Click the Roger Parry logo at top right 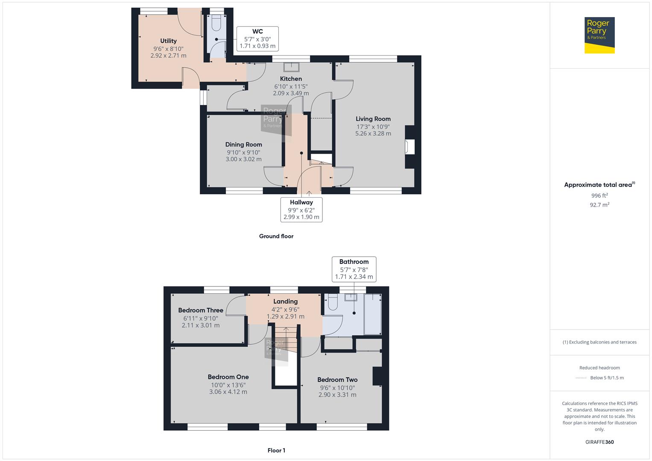tap(599, 35)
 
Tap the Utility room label tap(168, 41)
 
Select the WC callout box tap(257, 39)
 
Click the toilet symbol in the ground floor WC tap(216, 23)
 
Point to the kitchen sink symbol tap(292, 67)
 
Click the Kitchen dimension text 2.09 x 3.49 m tap(291, 93)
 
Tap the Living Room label tap(373, 119)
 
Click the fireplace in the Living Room tap(409, 147)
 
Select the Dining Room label tap(243, 145)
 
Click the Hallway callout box tap(301, 210)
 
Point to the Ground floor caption tap(276, 236)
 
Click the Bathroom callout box tap(354, 269)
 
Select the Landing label tap(285, 301)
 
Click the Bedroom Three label tap(200, 310)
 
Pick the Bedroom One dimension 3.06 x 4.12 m tap(228, 392)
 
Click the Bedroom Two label tap(337, 380)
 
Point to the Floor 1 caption tap(276, 450)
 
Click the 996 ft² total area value tap(599, 195)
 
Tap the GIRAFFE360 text tap(599, 442)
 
